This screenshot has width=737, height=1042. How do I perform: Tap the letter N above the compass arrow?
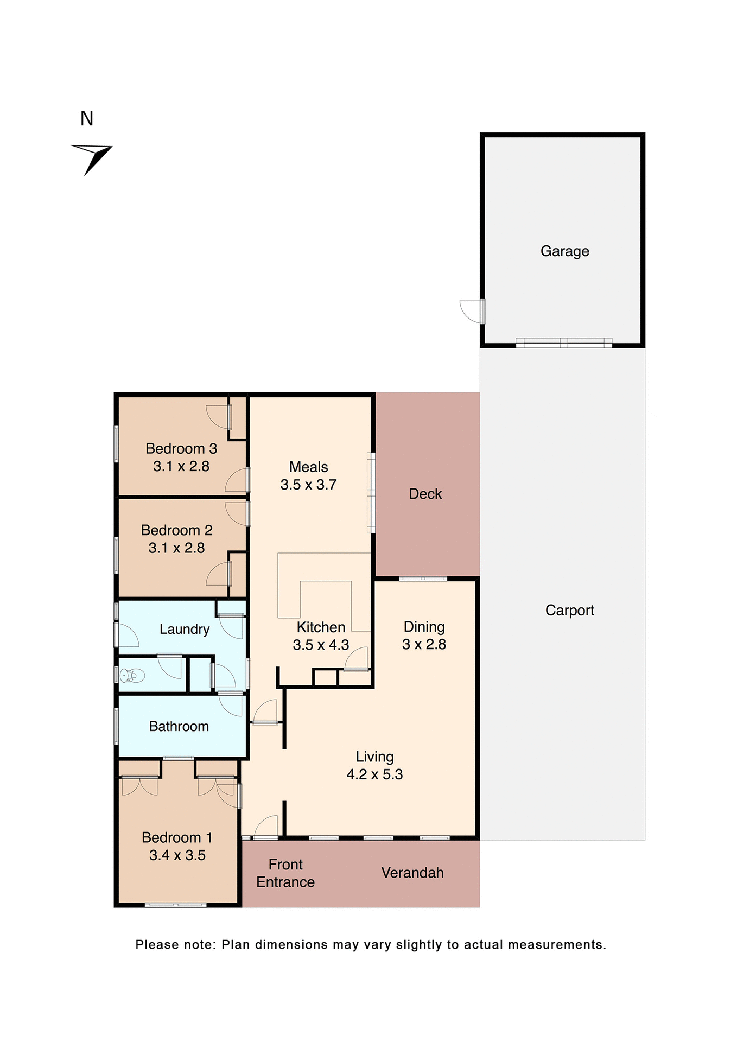87,119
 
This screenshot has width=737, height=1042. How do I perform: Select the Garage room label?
564,251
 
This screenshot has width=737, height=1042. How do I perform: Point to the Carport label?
569,611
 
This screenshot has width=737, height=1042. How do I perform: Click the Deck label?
425,494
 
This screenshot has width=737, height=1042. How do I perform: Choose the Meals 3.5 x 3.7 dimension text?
308,485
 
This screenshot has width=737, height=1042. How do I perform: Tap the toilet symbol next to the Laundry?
132,676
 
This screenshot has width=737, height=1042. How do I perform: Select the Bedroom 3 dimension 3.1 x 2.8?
181,466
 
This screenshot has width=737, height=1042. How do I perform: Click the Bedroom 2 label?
176,530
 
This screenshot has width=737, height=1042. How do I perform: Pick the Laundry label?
185,629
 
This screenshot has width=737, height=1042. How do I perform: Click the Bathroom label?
179,726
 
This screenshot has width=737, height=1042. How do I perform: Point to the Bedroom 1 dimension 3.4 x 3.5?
177,855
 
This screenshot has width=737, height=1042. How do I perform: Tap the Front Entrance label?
285,873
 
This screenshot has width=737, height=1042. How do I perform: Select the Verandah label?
412,873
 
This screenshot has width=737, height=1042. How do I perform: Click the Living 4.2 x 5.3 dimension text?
374,774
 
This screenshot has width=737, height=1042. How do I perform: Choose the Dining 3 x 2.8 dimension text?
424,644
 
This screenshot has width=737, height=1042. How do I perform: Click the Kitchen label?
321,627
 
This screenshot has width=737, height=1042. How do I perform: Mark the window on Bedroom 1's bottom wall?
176,905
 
